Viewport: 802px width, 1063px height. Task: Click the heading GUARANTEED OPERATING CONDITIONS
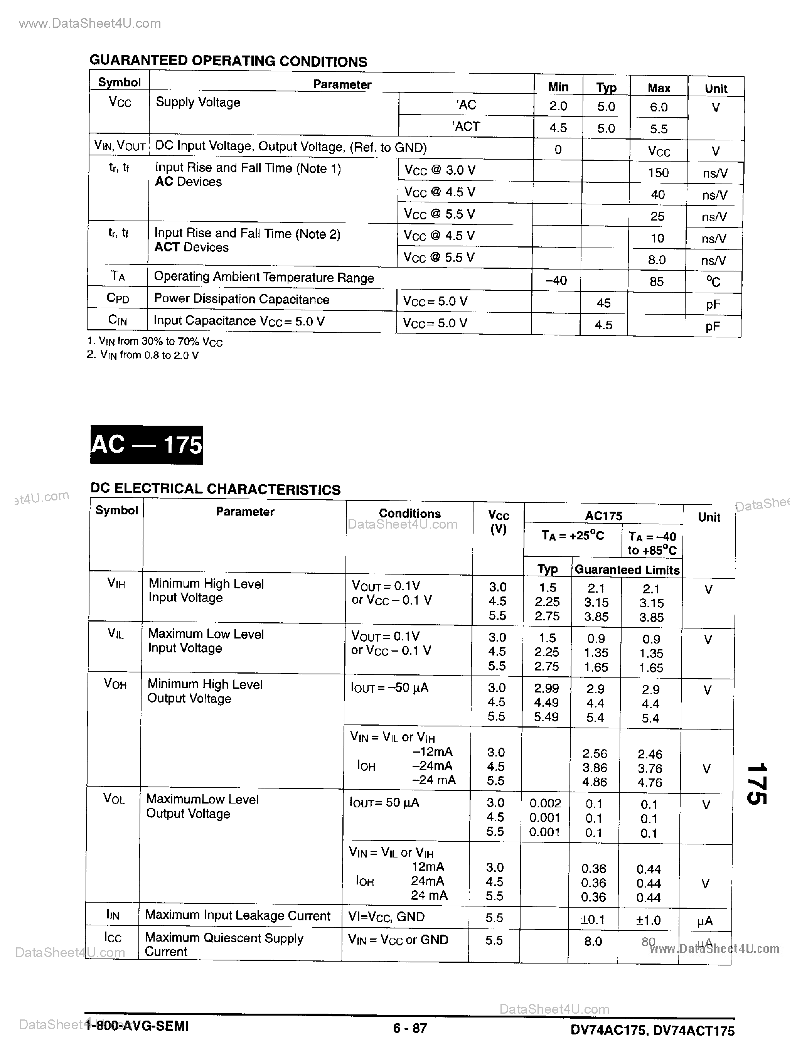tap(228, 61)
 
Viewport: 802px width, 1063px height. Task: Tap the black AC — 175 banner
tap(147, 445)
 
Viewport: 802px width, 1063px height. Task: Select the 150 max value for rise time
tap(658, 172)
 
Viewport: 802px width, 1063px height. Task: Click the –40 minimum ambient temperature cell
tap(556, 280)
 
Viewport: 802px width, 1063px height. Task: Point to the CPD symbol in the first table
tap(118, 298)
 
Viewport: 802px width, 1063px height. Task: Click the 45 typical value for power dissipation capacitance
tap(603, 303)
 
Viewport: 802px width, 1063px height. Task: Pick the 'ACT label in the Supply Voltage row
tap(466, 126)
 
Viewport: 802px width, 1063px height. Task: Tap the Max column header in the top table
tap(659, 88)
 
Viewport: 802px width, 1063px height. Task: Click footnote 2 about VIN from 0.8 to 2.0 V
tap(143, 355)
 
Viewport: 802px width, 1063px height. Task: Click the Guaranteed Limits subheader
tap(627, 570)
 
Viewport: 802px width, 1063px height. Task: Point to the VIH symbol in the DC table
tap(116, 583)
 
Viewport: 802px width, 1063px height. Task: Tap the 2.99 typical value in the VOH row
tap(546, 688)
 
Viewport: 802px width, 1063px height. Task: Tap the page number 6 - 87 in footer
tap(410, 1028)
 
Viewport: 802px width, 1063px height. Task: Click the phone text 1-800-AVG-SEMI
tap(137, 1026)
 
